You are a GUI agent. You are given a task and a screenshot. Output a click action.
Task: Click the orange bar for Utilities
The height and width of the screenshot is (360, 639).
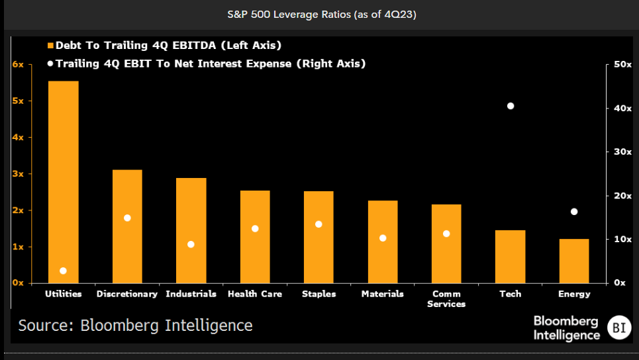pyautogui.click(x=63, y=182)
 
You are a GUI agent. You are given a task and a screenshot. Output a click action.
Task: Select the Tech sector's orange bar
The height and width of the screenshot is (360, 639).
pyautogui.click(x=510, y=256)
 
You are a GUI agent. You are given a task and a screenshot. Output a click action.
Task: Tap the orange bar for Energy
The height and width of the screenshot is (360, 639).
pyautogui.click(x=574, y=261)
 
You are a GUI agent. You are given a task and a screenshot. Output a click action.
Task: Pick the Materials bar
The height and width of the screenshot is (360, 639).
pyautogui.click(x=383, y=242)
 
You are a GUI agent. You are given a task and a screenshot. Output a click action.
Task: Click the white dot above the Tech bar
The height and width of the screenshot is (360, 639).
pyautogui.click(x=510, y=106)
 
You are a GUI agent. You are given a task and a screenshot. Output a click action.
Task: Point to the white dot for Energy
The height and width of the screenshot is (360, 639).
pyautogui.click(x=574, y=212)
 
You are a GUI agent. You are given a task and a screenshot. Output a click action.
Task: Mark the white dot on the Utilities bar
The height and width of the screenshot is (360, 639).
pyautogui.click(x=63, y=271)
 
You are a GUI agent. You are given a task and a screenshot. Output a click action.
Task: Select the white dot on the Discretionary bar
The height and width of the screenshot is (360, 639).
pyautogui.click(x=127, y=218)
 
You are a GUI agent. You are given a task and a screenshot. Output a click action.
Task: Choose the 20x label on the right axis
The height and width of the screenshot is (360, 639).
pyautogui.click(x=620, y=196)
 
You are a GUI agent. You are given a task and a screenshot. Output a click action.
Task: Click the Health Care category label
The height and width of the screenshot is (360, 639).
pyautogui.click(x=255, y=294)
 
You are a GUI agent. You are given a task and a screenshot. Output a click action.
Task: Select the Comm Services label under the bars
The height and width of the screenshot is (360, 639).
pyautogui.click(x=446, y=298)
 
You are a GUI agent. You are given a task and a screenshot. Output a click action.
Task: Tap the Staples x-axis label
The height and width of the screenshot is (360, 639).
pyautogui.click(x=319, y=294)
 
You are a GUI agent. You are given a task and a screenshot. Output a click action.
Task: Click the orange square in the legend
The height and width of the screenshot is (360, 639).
pyautogui.click(x=50, y=46)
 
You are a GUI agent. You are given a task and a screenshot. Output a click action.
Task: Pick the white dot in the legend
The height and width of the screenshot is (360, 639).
pyautogui.click(x=50, y=64)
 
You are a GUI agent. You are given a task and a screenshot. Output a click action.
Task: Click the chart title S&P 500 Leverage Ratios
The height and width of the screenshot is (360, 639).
pyautogui.click(x=319, y=13)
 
